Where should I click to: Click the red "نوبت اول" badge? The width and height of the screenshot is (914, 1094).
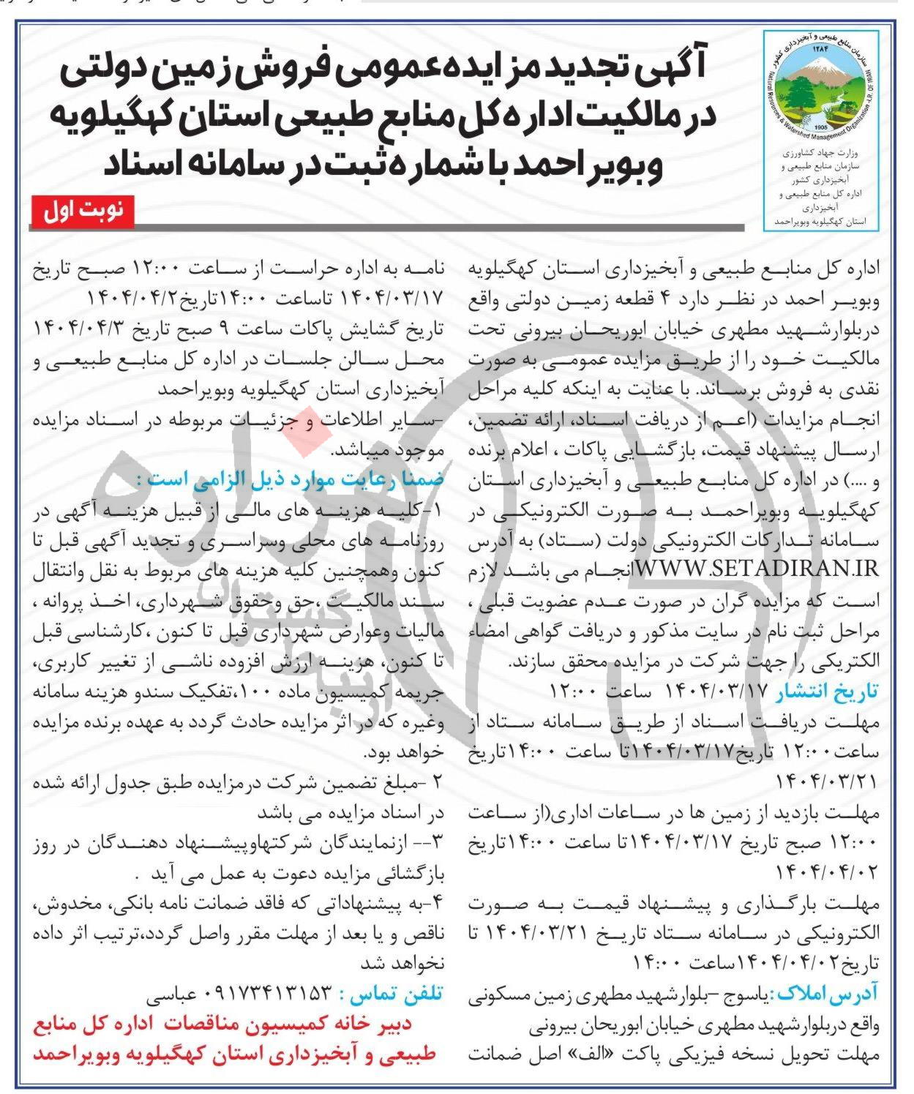(x=83, y=211)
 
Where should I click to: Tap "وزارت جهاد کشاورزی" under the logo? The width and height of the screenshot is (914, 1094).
(x=821, y=155)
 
